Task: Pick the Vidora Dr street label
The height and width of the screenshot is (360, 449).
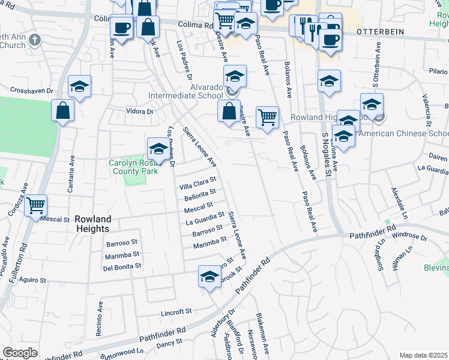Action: pyautogui.click(x=139, y=111)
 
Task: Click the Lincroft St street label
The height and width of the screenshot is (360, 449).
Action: pyautogui.click(x=176, y=312)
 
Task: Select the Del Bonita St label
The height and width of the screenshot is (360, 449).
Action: pyautogui.click(x=122, y=266)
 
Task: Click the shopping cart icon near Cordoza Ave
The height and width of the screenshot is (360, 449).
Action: pyautogui.click(x=36, y=205)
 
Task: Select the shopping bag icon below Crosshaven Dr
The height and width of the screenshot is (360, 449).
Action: pyautogui.click(x=62, y=110)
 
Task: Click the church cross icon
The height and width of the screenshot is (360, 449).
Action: pyautogui.click(x=35, y=40)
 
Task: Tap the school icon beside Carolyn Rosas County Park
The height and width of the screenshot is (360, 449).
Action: pyautogui.click(x=158, y=148)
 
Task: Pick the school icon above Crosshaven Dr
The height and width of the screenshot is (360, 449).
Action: pyautogui.click(x=79, y=86)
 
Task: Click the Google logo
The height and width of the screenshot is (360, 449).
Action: pyautogui.click(x=20, y=353)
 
